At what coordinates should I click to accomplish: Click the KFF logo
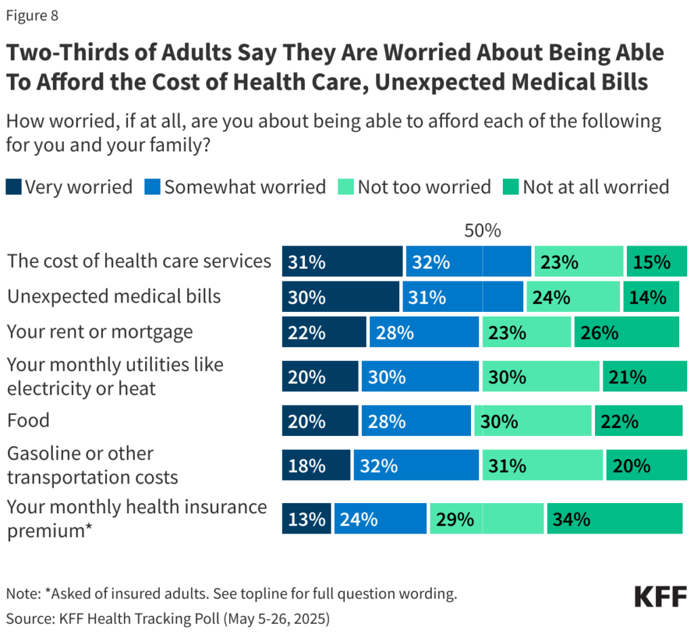click(x=661, y=597)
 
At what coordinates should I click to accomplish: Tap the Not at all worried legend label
click(x=596, y=186)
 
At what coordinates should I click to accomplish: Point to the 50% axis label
click(x=482, y=231)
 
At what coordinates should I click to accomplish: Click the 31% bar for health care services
click(x=342, y=262)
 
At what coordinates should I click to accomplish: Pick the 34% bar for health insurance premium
click(x=614, y=519)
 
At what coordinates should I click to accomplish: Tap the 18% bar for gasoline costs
click(x=316, y=466)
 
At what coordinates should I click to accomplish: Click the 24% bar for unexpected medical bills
click(x=573, y=297)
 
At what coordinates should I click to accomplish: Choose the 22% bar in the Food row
click(x=638, y=421)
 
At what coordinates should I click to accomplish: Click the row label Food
click(x=28, y=420)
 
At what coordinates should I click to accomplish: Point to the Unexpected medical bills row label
click(x=114, y=296)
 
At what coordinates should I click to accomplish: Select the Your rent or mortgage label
click(x=100, y=332)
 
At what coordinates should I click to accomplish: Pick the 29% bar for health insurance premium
click(x=487, y=519)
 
